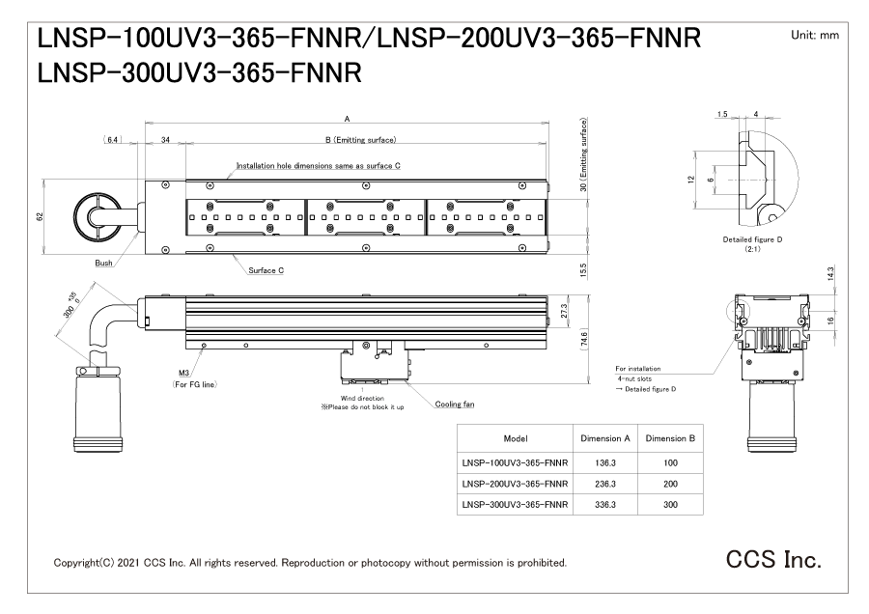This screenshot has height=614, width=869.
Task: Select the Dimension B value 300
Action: [x=670, y=504]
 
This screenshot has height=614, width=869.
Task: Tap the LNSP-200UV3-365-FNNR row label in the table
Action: [x=514, y=483]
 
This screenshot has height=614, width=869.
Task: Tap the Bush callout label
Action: [x=103, y=262]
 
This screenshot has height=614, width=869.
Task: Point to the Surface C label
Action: [x=266, y=270]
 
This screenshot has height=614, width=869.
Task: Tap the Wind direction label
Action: [x=362, y=397]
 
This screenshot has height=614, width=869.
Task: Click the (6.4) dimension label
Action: [x=111, y=141]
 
